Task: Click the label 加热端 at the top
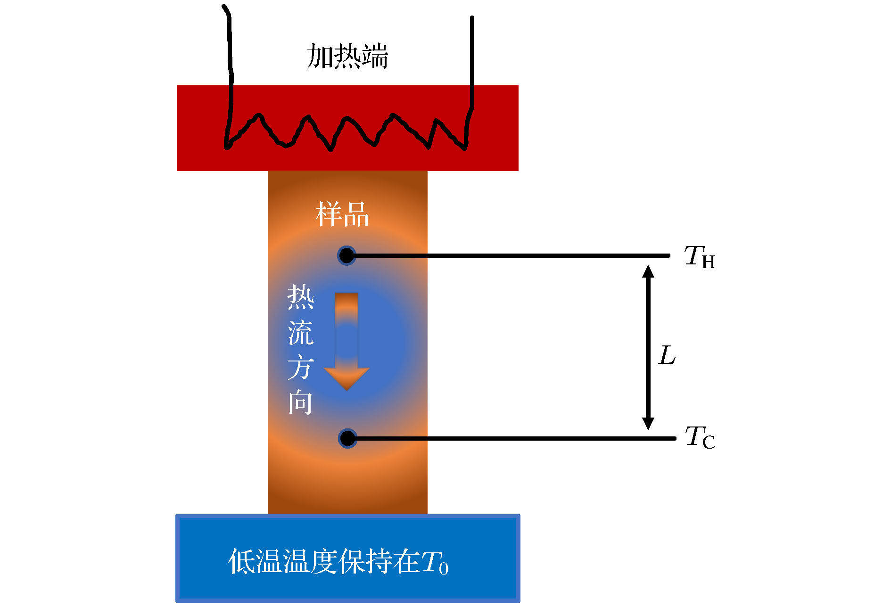pyautogui.click(x=347, y=56)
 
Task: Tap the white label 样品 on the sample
pyautogui.click(x=342, y=214)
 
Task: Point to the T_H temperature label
pyautogui.click(x=700, y=257)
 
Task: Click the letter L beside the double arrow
pyautogui.click(x=667, y=355)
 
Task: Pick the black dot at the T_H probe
pyautogui.click(x=346, y=255)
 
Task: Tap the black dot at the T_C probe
pyautogui.click(x=347, y=438)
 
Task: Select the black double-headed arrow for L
pyautogui.click(x=648, y=348)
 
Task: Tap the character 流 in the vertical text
pyautogui.click(x=301, y=332)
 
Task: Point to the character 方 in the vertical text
pyautogui.click(x=301, y=368)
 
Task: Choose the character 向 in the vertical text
pyautogui.click(x=301, y=403)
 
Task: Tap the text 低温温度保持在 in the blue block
pyautogui.click(x=324, y=561)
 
